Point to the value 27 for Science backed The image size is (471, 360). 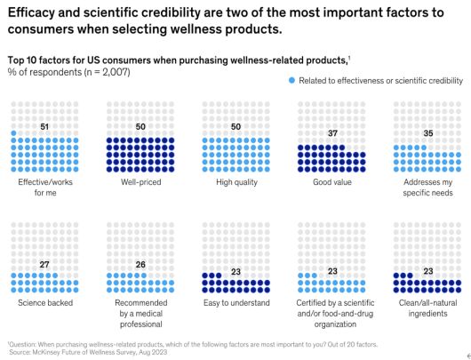pos(44,265)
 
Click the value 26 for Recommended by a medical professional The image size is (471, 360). pos(139,265)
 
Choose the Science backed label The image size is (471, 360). pos(44,303)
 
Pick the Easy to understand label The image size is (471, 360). pos(235,303)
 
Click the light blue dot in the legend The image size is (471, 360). pos(291,81)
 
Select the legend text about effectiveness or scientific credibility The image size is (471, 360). pos(380,81)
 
